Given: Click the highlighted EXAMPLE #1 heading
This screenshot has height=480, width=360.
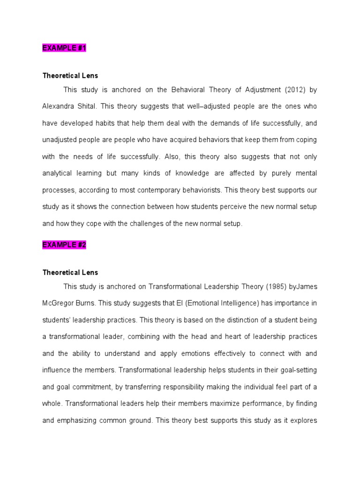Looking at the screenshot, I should tap(65, 48).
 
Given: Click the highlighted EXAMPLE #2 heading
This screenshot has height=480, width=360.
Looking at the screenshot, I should tap(65, 245).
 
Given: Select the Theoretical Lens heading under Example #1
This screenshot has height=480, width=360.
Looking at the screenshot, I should tap(70, 75).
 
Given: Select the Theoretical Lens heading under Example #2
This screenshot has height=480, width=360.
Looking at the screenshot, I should tap(70, 272).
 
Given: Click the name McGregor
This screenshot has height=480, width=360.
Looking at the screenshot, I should tap(58, 303).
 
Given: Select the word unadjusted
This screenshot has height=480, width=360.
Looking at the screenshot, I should tap(60, 140).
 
